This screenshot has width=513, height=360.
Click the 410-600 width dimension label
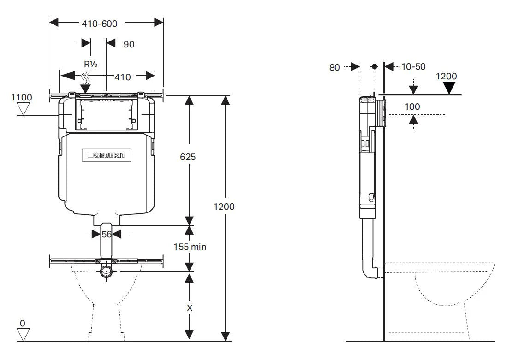coord(99,23)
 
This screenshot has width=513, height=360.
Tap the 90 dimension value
coord(129,44)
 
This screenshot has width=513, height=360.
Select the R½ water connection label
coord(90,65)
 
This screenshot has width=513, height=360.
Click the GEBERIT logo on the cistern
coord(107,156)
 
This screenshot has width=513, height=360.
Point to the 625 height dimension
coord(188,157)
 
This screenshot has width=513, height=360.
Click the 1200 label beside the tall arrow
coord(224,207)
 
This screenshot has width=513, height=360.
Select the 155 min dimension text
coord(190,247)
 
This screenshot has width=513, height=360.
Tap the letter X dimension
coord(189,308)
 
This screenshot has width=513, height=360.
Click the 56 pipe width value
coord(107,234)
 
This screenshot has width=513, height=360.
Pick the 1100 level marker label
coord(22,97)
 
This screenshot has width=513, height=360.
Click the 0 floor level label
coord(22,323)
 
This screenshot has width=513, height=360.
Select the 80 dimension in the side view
coord(334,67)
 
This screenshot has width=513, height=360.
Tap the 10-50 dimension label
coord(413,67)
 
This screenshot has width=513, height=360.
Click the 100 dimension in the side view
coord(412,106)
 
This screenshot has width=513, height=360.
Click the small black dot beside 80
coord(374,67)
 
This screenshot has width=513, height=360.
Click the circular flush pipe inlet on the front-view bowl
coord(107,271)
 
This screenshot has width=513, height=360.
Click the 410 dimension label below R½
coord(122,77)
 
